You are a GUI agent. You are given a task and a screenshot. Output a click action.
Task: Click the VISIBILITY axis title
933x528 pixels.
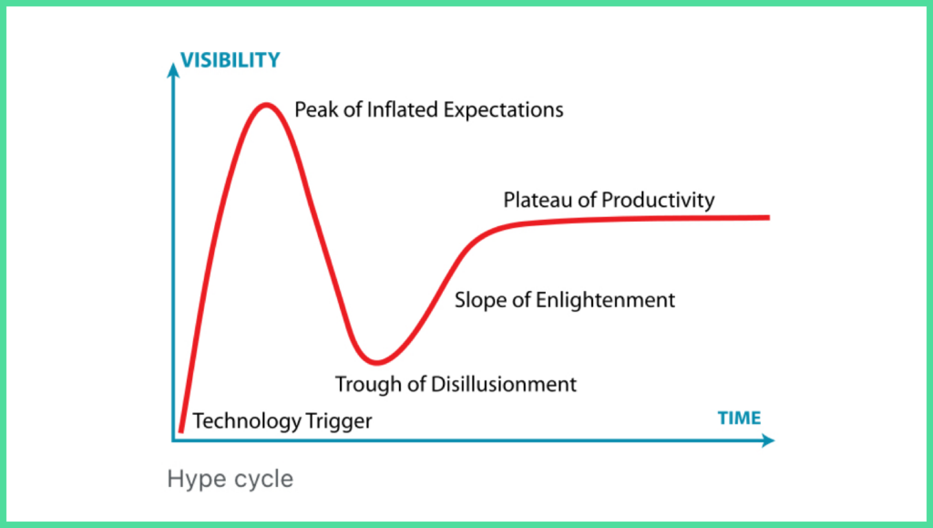click(x=231, y=60)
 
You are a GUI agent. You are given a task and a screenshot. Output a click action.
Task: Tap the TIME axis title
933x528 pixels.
click(x=739, y=418)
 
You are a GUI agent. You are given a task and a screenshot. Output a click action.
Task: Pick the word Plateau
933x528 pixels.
click(x=539, y=200)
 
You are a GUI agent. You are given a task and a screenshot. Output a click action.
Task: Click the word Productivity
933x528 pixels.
click(x=658, y=201)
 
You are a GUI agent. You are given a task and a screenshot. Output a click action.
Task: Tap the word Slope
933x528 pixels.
click(x=481, y=301)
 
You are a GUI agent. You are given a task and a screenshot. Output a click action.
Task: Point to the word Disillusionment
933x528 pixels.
click(x=503, y=384)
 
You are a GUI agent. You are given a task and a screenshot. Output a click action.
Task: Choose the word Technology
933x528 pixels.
click(x=247, y=421)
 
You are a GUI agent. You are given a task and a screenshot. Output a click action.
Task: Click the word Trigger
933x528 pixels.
click(x=339, y=421)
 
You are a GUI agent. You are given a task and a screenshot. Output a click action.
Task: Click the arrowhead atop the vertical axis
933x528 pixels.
click(x=173, y=71)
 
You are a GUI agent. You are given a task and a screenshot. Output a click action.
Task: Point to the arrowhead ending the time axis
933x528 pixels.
click(x=767, y=440)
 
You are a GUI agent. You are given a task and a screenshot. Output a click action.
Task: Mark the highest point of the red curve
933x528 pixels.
click(x=266, y=106)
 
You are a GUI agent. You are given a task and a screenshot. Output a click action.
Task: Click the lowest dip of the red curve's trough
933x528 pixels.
click(x=376, y=361)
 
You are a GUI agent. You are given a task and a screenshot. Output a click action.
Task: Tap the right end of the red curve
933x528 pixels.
click(x=769, y=218)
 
